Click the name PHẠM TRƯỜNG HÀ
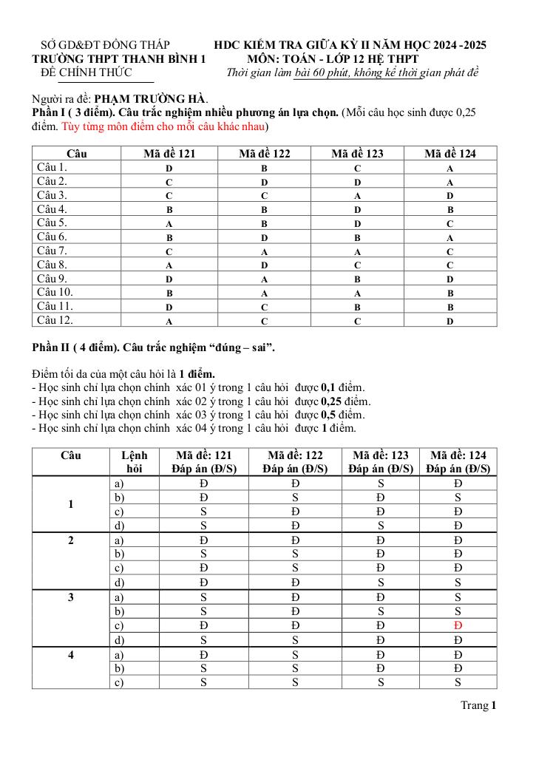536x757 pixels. point(152,98)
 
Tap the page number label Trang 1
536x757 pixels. point(478,705)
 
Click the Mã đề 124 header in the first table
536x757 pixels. point(450,154)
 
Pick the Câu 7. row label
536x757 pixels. point(52,251)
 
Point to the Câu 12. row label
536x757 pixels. point(55,320)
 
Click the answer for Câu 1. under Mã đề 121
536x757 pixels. point(169,169)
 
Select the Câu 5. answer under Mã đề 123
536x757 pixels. point(357,223)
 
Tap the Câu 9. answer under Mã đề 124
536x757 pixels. point(450,279)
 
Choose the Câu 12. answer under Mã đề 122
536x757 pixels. point(264,321)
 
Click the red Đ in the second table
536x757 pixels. point(458,626)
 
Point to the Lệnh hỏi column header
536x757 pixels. point(134,462)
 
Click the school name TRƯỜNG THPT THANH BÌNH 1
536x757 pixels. point(118,58)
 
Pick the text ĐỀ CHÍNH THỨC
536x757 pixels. point(86,72)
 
